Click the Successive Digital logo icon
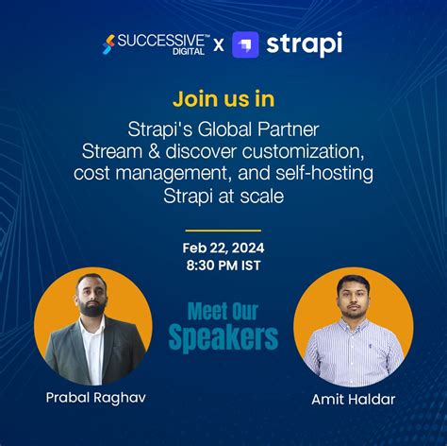(110, 43)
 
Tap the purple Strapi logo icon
(246, 44)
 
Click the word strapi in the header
(304, 43)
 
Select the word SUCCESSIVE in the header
(157, 40)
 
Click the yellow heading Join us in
(223, 97)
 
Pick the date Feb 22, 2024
(223, 248)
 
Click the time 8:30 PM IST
(223, 266)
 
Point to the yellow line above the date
(223, 230)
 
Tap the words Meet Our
(223, 311)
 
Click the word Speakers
(223, 337)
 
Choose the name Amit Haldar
(353, 400)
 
